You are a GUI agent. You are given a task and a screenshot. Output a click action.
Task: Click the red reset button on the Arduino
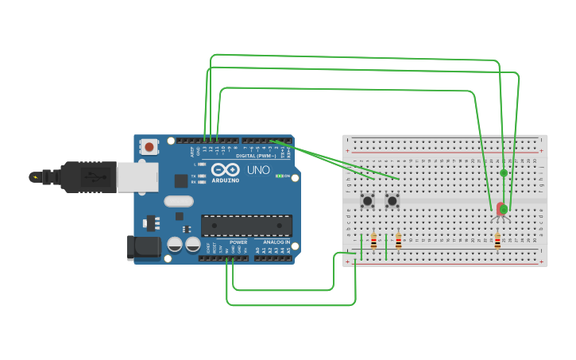click(x=149, y=146)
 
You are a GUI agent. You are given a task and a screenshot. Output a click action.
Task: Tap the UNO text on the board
click(x=258, y=170)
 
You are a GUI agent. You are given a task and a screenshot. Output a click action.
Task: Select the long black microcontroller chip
click(x=245, y=225)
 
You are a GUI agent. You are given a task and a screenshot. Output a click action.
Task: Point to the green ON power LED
click(x=277, y=176)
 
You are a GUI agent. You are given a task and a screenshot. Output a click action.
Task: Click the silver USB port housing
click(x=137, y=177)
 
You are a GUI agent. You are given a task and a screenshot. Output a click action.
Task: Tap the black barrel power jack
click(x=145, y=246)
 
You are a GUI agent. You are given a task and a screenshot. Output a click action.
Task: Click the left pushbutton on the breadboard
click(x=368, y=201)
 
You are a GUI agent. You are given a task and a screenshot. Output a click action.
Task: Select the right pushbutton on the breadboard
click(x=392, y=201)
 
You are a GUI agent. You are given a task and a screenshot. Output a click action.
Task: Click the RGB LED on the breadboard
click(x=501, y=209)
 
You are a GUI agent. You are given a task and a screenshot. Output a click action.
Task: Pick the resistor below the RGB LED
click(x=497, y=241)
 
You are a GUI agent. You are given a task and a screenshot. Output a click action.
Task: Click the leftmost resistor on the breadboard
click(x=373, y=241)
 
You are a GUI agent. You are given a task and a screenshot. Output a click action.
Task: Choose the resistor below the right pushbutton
click(x=398, y=241)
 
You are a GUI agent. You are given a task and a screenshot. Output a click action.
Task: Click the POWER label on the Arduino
click(x=238, y=242)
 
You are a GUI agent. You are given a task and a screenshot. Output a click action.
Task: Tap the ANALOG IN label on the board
click(x=276, y=242)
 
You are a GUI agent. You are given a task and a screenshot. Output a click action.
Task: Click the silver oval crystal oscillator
click(x=179, y=201)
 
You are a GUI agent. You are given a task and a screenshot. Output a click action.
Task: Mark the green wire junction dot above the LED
click(x=504, y=172)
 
